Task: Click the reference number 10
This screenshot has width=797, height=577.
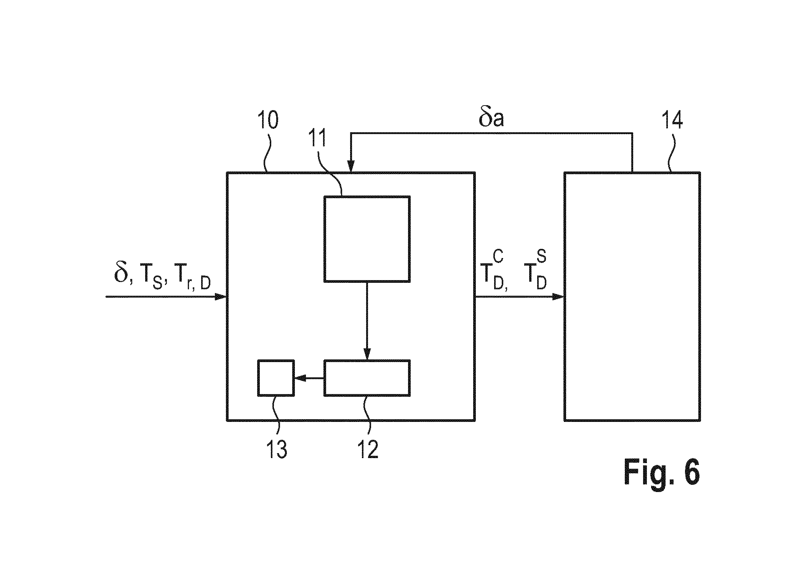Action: [268, 121]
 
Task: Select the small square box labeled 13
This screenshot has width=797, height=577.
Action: [276, 378]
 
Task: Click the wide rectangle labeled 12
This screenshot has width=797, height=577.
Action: [367, 378]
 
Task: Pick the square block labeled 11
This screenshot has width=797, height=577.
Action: [367, 239]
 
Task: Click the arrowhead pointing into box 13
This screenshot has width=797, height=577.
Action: [301, 378]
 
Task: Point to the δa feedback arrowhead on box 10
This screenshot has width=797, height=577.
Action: [350, 166]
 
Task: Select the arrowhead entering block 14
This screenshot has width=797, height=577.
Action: [558, 297]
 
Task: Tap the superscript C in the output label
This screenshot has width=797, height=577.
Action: [499, 257]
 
